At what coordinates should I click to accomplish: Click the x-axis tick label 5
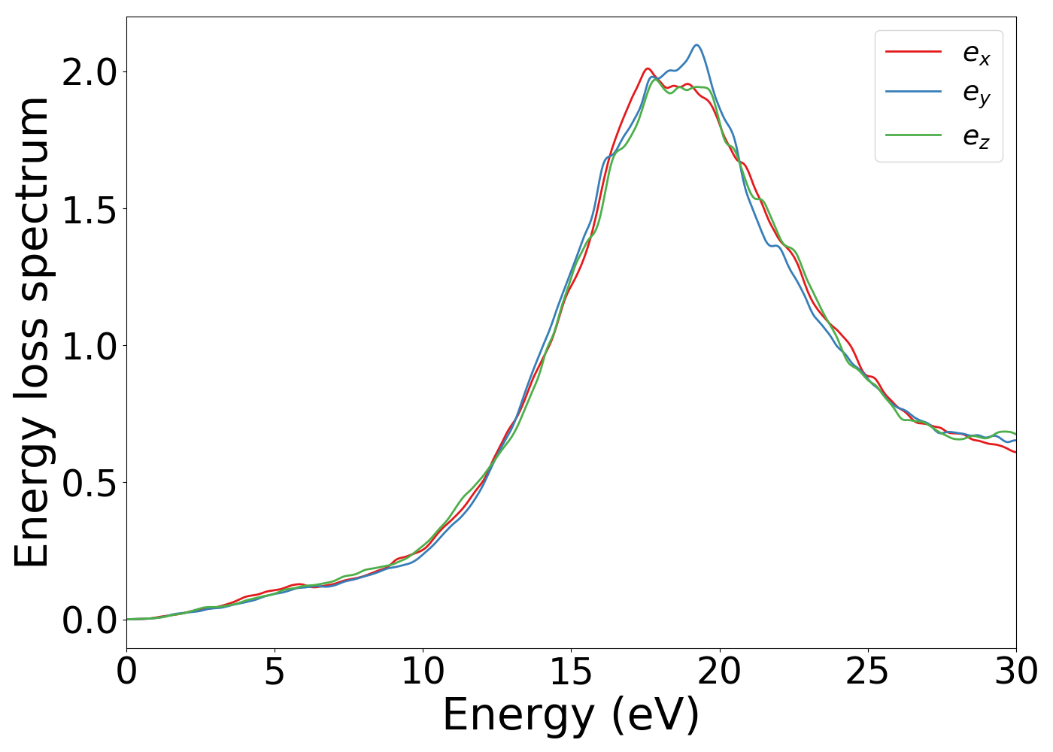(275, 672)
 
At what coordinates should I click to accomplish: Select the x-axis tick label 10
(423, 672)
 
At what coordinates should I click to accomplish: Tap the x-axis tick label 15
(571, 672)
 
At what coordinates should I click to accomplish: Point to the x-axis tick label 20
(720, 672)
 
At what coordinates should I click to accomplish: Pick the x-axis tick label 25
(868, 672)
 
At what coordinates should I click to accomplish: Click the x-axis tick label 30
(1016, 672)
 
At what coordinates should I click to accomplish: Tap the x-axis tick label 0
(126, 672)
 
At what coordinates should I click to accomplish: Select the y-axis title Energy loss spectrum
(32, 332)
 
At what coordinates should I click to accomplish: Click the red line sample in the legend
(913, 52)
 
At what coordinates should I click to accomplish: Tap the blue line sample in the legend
(913, 92)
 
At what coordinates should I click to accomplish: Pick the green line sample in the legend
(913, 135)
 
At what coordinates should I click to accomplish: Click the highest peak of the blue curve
(697, 45)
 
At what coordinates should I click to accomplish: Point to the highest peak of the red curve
(647, 68)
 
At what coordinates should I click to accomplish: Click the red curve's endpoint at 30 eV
(1015, 452)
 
